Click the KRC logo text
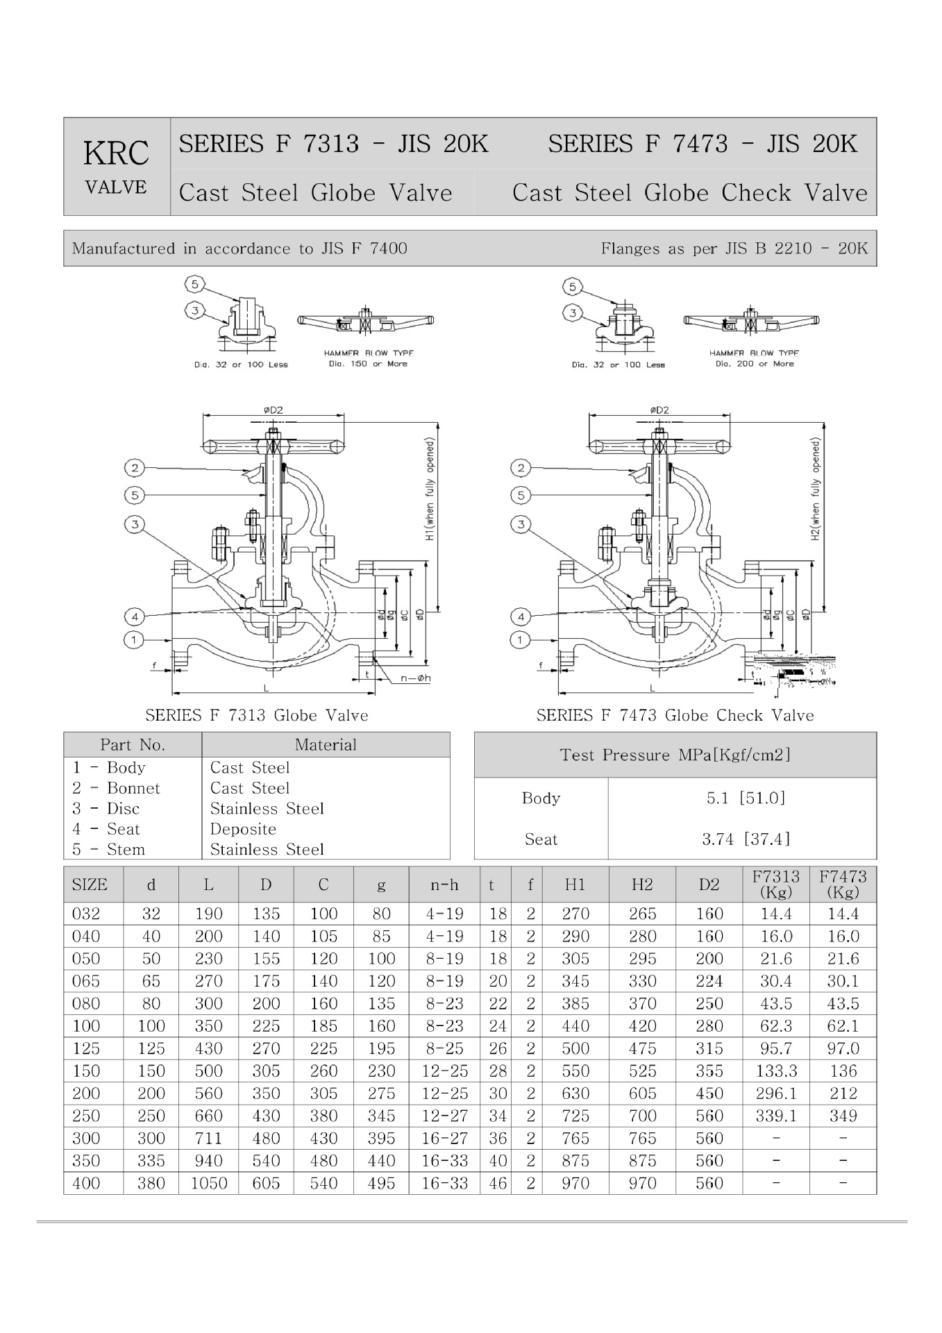[x=116, y=153]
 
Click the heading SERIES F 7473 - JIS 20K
[x=703, y=144]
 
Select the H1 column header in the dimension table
[x=575, y=885]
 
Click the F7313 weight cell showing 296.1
[x=775, y=1093]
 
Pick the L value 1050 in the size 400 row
[x=208, y=1183]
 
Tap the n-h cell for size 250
[x=444, y=1116]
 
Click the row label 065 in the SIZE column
[x=86, y=981]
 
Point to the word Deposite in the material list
[x=243, y=829]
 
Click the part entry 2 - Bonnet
[x=116, y=788]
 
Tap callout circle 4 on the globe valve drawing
[x=134, y=617]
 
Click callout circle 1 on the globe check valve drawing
[x=521, y=639]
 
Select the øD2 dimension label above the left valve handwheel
[x=273, y=410]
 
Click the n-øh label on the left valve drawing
[x=415, y=678]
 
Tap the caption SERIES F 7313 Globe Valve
[x=256, y=715]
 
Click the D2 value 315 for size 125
[x=709, y=1048]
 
